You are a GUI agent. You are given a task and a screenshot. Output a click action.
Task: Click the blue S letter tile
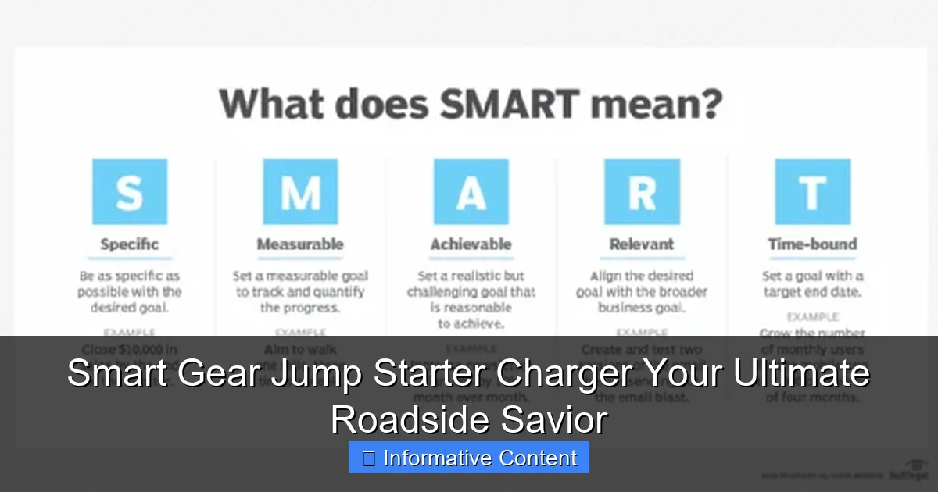129,192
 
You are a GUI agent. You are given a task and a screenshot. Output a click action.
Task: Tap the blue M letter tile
300,192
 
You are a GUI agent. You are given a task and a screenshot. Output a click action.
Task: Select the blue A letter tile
471,192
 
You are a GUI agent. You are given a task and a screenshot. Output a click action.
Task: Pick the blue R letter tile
642,192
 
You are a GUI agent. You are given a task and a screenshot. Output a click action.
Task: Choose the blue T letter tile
812,192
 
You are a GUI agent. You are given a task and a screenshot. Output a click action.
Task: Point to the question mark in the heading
709,105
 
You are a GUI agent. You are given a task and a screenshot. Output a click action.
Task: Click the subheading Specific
130,244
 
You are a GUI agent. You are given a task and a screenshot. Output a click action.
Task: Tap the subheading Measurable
300,244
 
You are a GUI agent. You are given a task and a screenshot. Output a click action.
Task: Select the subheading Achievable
471,244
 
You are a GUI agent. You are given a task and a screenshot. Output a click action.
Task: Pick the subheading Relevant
642,244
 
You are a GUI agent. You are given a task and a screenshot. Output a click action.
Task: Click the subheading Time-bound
812,244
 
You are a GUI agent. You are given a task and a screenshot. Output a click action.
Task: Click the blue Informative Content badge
469,458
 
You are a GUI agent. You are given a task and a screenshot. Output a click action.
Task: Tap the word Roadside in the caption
399,420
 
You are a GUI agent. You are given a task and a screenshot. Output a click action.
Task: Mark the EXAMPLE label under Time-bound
813,317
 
